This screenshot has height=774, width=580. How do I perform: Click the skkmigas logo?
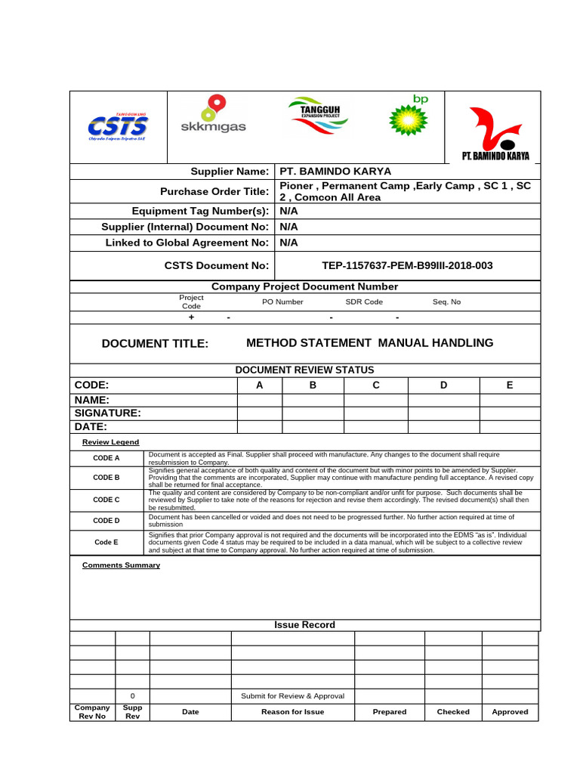[213, 116]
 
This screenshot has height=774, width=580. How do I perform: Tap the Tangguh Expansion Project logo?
[315, 116]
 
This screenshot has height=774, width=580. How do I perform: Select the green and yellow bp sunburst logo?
[408, 116]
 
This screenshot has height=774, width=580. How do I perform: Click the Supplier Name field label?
[228, 172]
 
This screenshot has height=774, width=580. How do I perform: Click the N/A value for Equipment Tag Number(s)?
[288, 212]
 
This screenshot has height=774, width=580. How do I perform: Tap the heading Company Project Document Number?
[304, 286]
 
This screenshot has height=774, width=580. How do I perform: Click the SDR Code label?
[364, 302]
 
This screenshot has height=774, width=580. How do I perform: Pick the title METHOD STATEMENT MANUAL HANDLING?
[370, 343]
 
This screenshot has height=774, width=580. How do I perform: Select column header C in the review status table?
[375, 385]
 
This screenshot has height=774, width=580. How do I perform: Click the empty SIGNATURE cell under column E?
[510, 413]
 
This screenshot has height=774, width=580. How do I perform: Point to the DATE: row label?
[91, 427]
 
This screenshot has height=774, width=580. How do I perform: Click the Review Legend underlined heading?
[110, 442]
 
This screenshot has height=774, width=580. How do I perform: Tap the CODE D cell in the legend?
[106, 521]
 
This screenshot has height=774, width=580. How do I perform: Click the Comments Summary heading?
[121, 565]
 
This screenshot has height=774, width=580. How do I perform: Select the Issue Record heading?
[304, 625]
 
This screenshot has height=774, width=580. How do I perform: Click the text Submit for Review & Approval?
[292, 696]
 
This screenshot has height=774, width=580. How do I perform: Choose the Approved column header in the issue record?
[510, 712]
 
